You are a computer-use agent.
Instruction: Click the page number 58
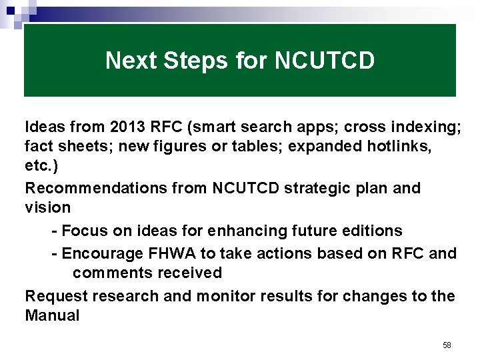(x=447, y=345)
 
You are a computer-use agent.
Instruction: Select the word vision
(x=47, y=207)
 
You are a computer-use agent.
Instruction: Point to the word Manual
(x=52, y=315)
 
